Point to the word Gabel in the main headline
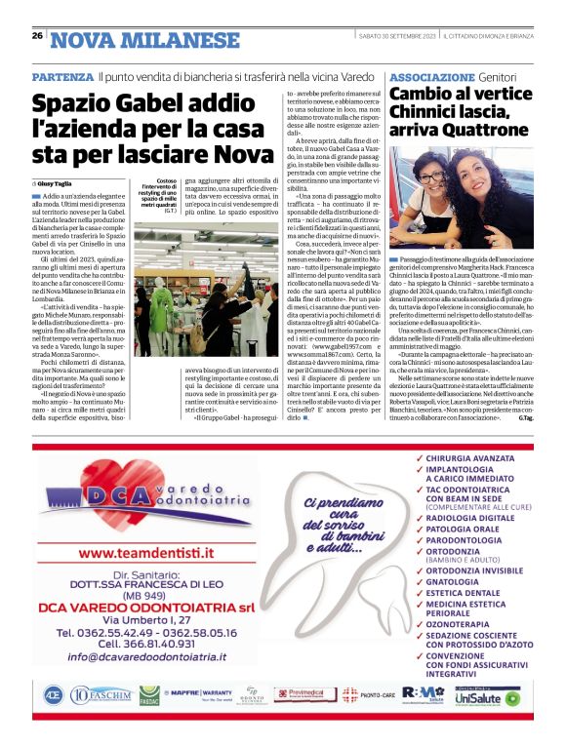coord(153,103)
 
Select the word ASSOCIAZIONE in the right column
coord(428,76)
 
